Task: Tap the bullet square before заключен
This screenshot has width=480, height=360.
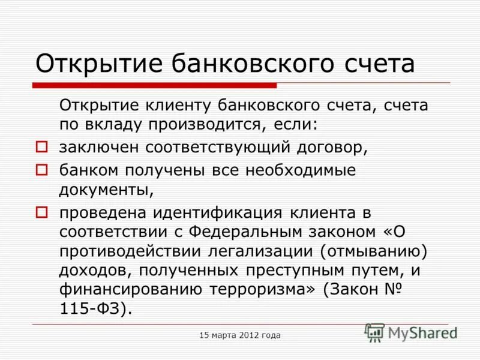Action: click(x=41, y=146)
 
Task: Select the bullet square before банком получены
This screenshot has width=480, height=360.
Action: click(x=41, y=170)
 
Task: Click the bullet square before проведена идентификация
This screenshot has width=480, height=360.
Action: click(x=41, y=211)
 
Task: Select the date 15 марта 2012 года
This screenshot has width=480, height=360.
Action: click(x=240, y=335)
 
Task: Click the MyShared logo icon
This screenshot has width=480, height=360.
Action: click(x=375, y=332)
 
